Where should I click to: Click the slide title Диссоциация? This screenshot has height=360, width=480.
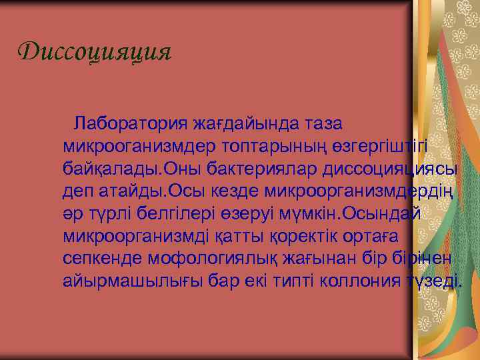[95, 52]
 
